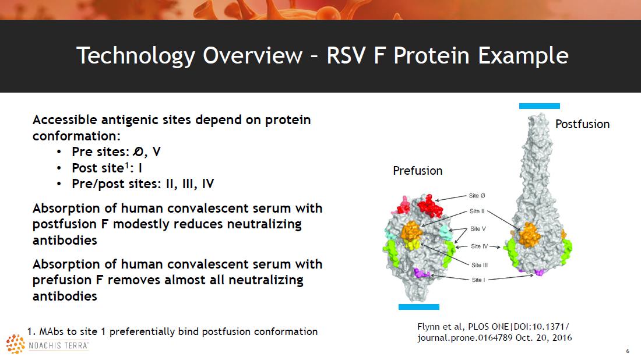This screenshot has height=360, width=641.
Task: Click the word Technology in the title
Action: tap(135, 56)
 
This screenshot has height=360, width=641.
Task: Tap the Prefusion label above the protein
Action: tap(417, 171)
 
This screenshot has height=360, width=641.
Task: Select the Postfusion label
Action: tap(582, 124)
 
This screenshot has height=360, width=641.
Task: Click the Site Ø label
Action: tap(477, 196)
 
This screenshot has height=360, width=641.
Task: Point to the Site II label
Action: tap(477, 211)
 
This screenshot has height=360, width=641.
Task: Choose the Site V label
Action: tap(478, 229)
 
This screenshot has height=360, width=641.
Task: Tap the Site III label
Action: tap(480, 265)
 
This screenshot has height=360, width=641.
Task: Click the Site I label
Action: tap(478, 280)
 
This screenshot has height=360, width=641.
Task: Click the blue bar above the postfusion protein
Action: tap(539, 106)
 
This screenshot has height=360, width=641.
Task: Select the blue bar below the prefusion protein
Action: tap(418, 307)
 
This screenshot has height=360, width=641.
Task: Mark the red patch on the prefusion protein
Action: tap(429, 206)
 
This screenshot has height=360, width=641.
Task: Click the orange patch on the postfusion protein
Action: tap(529, 235)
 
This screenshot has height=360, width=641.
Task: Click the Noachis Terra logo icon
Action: tap(16, 344)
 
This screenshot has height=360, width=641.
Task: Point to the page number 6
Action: tap(628, 351)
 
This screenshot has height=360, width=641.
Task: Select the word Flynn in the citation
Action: tap(428, 326)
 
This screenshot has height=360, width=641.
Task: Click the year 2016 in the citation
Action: tap(562, 337)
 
